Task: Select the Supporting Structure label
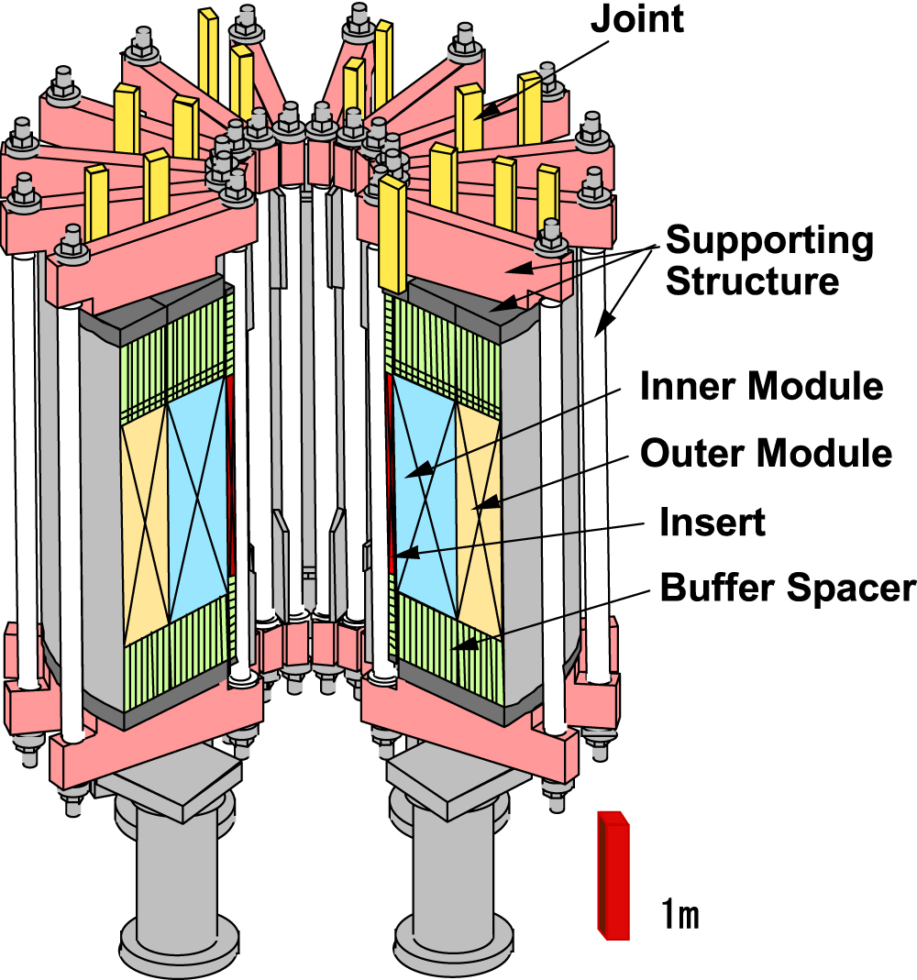click(x=768, y=260)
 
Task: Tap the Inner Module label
click(x=761, y=386)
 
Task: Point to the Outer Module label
click(x=766, y=453)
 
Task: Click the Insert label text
click(x=712, y=523)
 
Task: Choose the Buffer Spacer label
click(x=788, y=589)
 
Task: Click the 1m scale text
click(x=680, y=914)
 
